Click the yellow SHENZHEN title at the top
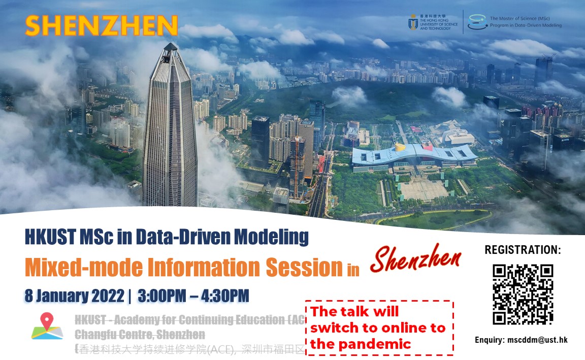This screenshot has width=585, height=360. coord(101,26)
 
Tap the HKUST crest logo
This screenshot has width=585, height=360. coord(413,22)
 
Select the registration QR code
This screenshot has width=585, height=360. coord(523,294)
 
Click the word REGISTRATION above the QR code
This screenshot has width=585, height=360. coord(523,250)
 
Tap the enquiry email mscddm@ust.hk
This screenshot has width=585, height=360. coord(538,340)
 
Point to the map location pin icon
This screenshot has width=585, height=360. coord(47,324)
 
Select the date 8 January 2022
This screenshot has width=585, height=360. coord(75,295)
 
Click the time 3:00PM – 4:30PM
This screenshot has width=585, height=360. coord(193,295)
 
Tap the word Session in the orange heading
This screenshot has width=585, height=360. coord(304,267)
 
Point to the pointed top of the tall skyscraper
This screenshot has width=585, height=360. coord(170,47)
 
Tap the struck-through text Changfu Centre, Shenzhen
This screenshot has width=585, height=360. coord(140,335)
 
